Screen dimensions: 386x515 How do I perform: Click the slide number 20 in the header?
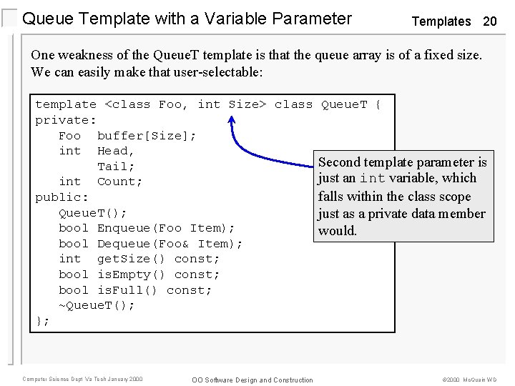[x=489, y=21]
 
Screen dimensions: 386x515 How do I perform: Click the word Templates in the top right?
[x=441, y=21]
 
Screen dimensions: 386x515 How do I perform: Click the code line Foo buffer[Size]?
[x=127, y=136]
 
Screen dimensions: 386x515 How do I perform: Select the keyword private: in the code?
[x=66, y=120]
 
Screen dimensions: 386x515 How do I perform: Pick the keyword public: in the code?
[x=62, y=197]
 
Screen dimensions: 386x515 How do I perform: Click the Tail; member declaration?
[x=116, y=167]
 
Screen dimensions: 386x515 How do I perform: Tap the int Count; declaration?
[x=100, y=182]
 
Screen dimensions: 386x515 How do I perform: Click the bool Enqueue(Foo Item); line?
[x=147, y=228]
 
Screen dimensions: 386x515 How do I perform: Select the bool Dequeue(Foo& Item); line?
[x=150, y=244]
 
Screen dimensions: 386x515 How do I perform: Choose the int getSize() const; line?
[x=139, y=259]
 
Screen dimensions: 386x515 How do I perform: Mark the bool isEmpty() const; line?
[x=139, y=274]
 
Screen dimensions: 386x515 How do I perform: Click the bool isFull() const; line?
[x=135, y=290]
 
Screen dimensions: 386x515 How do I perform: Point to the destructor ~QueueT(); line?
[x=97, y=305]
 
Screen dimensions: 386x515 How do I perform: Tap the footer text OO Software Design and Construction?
[x=252, y=380]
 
